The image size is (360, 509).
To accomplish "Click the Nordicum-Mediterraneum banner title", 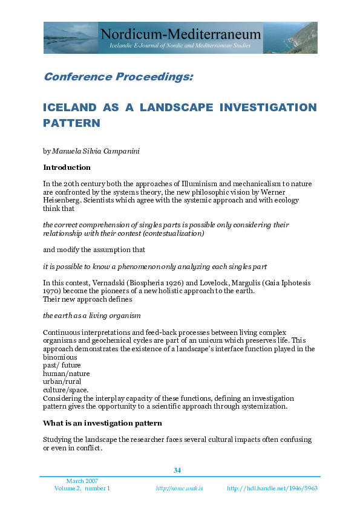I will pos(182,34).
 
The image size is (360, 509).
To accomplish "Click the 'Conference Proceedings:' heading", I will pos(119,77).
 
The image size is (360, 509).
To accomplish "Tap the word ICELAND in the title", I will pos(70,108).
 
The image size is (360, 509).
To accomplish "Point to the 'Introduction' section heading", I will pos(67,167).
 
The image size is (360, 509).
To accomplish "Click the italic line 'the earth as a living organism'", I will pos(91,316).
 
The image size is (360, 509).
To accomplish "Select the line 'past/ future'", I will pos(62,365).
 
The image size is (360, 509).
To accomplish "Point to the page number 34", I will pos(177,470).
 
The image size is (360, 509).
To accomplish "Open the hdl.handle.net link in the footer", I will pos(272,488).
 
